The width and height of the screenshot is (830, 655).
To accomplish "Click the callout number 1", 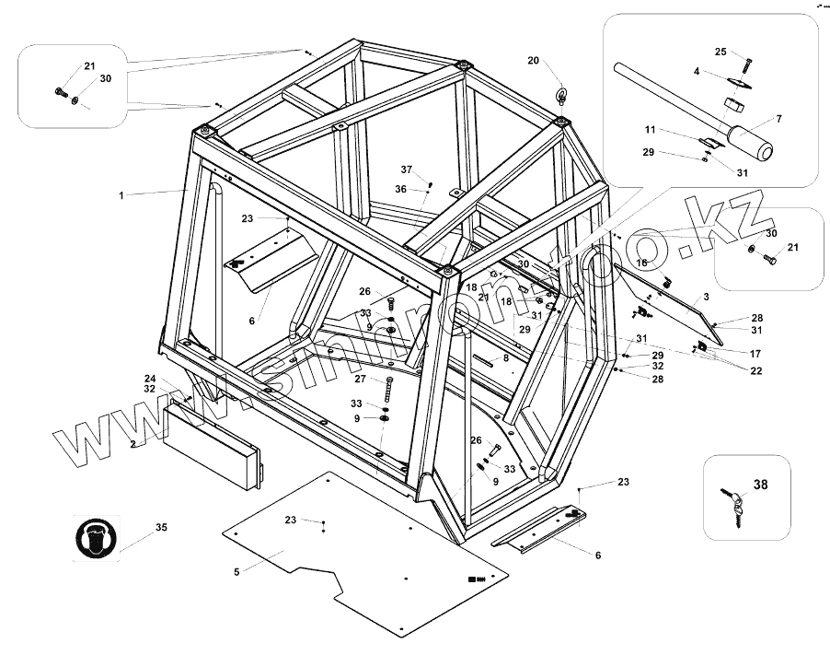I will coord(121,195).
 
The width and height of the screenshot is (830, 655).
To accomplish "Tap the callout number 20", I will coord(534,60).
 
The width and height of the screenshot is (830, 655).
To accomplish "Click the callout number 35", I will coord(161,528).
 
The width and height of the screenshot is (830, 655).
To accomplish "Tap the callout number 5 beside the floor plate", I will coord(236,571).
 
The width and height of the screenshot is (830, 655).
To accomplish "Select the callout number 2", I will coord(133,444).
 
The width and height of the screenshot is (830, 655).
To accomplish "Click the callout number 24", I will coord(149,378).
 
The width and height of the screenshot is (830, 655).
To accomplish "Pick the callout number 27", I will coord(361,379).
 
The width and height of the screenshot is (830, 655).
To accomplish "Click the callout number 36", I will coord(400,189).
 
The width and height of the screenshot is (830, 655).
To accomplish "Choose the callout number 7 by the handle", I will coord(778,119).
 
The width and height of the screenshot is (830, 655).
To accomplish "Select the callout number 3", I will coord(705,297).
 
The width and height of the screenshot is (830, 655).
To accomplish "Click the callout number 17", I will coord(755,353).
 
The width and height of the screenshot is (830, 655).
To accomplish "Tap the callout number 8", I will coord(505,357).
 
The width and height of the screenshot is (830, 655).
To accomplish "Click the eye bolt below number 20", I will coord(560,96).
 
